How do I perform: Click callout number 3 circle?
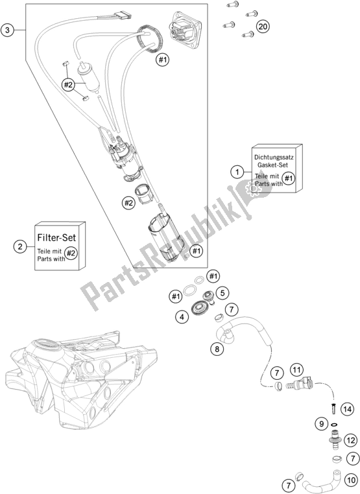click(x=7, y=30)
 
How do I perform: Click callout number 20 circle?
click(x=262, y=26)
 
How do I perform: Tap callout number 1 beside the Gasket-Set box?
click(x=237, y=172)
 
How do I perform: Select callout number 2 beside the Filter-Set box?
click(x=20, y=246)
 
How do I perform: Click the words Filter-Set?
click(x=56, y=237)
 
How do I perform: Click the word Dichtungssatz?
click(x=274, y=157)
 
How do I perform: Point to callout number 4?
click(x=182, y=317)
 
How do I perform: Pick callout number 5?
click(x=222, y=293)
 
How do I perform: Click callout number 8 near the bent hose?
click(x=217, y=349)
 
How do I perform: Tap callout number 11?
click(x=296, y=370)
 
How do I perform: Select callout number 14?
click(x=347, y=409)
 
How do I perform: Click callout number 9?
click(x=321, y=424)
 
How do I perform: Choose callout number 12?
click(x=351, y=440)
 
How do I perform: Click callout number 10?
click(x=351, y=480)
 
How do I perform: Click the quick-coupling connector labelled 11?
click(x=298, y=384)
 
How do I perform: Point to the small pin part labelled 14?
click(x=333, y=409)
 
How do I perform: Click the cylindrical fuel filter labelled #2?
click(x=88, y=73)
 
